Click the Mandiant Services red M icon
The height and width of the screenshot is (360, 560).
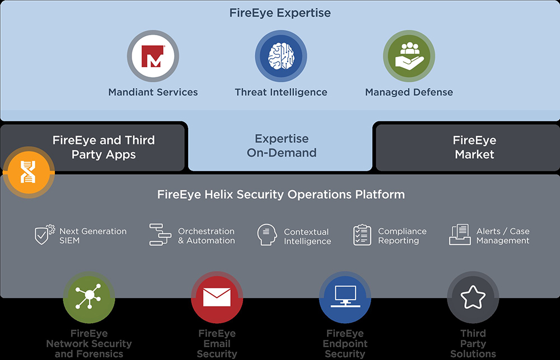(x=152, y=57)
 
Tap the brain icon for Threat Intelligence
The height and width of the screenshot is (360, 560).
(x=281, y=57)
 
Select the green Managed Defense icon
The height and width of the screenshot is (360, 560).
(x=409, y=57)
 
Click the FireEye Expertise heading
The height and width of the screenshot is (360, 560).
(x=280, y=13)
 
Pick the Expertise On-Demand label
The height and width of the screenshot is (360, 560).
(x=282, y=146)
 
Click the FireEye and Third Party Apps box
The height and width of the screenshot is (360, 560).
(x=104, y=147)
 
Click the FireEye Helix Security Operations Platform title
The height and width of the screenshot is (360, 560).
(x=281, y=195)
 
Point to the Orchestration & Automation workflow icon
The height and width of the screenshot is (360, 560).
(x=160, y=235)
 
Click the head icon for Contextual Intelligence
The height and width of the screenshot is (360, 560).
(x=267, y=235)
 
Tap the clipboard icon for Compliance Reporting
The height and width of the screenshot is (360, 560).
(x=362, y=235)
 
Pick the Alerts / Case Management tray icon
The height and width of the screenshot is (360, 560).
(x=460, y=235)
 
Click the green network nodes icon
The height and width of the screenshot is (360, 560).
(x=88, y=297)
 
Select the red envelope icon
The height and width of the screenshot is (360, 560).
(x=217, y=297)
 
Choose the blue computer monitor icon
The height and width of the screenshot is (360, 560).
(x=345, y=297)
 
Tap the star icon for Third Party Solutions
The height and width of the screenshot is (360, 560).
(x=473, y=297)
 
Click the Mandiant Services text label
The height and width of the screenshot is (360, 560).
(x=153, y=92)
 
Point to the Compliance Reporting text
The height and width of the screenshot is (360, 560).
(x=402, y=236)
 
